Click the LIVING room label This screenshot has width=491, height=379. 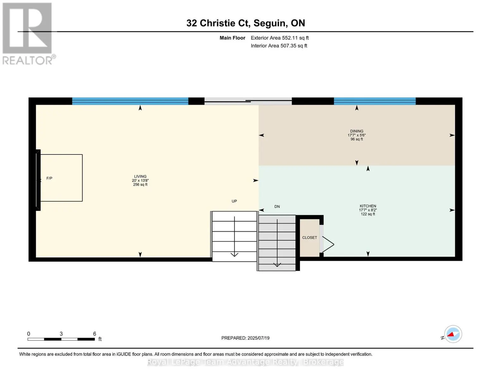point(140,176)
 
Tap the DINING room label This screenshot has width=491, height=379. point(357,131)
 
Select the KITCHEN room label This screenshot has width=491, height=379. point(368,206)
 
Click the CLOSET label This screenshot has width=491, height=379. point(310,238)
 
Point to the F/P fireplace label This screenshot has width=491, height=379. point(49,178)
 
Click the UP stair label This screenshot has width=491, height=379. point(234,201)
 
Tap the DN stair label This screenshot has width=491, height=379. point(277,207)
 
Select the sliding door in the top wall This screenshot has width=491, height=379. point(248,101)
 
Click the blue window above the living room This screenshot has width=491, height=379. point(130,101)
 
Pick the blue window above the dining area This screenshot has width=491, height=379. point(375,101)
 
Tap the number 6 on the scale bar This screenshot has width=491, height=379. point(95,334)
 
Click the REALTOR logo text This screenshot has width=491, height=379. point(28,60)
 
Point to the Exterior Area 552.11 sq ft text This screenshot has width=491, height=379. point(279,38)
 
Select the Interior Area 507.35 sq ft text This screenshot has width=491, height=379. point(279,46)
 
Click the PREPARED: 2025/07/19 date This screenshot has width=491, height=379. point(245,338)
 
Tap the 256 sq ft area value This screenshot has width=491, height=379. point(140,184)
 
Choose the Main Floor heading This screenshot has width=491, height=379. point(232,38)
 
